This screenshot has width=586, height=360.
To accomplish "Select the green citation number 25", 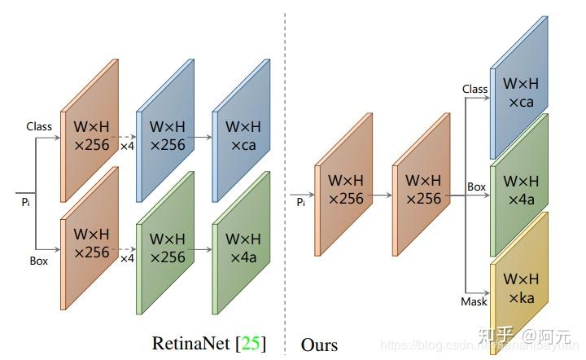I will tap(250, 343).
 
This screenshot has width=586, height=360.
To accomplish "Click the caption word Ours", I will tap(319, 345).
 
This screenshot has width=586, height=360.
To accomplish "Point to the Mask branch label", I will tap(474, 301).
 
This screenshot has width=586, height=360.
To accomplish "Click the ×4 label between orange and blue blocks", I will tap(127, 147).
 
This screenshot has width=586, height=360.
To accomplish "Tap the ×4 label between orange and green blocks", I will tap(127, 258).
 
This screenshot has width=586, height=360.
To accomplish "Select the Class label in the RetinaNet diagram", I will tap(39, 126).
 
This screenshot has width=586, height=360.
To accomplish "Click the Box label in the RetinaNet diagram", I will tap(38, 261).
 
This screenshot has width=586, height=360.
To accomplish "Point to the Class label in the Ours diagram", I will tap(474, 89).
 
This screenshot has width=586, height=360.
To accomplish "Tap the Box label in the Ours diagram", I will tap(476, 187).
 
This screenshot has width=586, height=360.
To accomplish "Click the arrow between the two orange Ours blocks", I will tap(382, 195).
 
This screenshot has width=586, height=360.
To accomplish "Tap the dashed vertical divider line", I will tap(285, 163).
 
